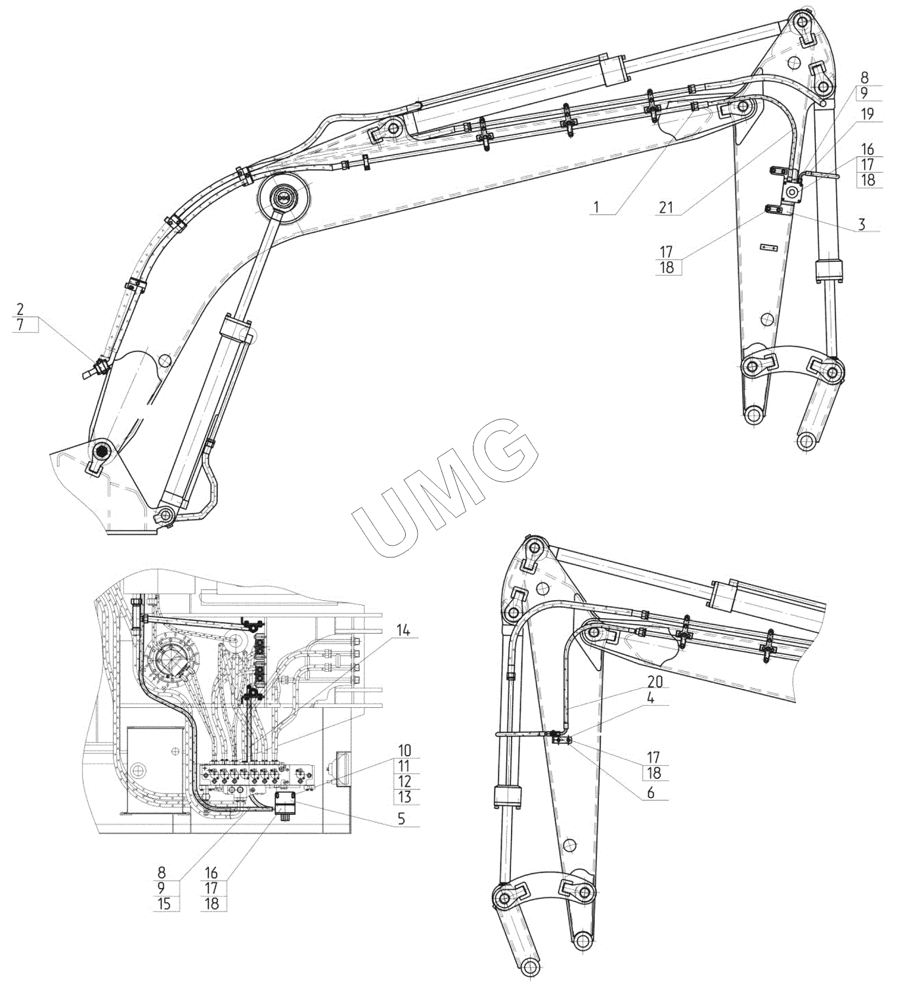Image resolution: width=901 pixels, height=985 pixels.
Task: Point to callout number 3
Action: (862, 225)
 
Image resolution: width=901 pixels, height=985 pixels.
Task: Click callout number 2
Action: (20, 308)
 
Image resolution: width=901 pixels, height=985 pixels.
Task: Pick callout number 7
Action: (20, 324)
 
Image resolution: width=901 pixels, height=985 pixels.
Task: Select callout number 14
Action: (403, 630)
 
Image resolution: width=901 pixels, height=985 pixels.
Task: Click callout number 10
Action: (405, 749)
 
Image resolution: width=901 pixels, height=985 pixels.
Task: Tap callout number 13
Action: (405, 797)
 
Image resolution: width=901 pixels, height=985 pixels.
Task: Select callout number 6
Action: (650, 793)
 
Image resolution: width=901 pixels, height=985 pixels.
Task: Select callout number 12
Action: (405, 781)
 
